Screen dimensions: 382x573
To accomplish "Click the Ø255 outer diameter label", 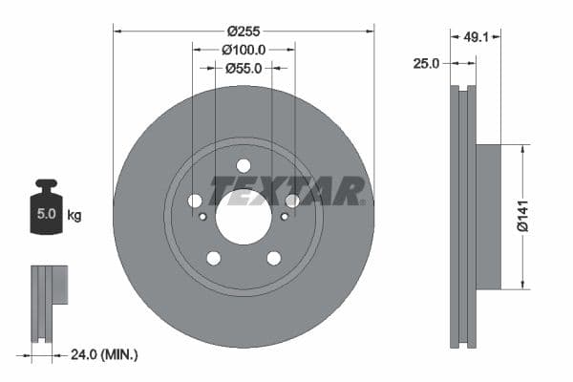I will click(x=244, y=30).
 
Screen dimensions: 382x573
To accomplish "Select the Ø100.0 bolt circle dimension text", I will click(x=244, y=49).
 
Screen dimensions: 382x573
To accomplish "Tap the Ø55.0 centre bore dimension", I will click(x=244, y=68).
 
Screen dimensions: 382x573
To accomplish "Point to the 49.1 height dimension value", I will click(x=475, y=39).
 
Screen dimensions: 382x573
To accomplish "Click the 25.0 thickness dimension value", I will click(x=426, y=63).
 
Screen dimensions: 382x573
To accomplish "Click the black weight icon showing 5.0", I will click(x=46, y=205).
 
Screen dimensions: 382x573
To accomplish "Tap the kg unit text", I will click(x=74, y=215).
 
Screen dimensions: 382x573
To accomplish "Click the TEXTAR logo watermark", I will click(x=287, y=191).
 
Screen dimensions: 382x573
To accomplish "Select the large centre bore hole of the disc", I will click(x=244, y=215).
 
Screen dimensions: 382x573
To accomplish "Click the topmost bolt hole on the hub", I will click(x=244, y=165).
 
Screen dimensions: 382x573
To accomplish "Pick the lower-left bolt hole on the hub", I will click(x=213, y=258).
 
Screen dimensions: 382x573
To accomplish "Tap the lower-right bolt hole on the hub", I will click(x=274, y=258).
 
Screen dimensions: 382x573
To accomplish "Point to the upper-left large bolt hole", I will click(x=196, y=201).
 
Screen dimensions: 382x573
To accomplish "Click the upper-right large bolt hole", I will click(x=292, y=201).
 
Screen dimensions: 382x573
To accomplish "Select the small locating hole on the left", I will click(x=202, y=216).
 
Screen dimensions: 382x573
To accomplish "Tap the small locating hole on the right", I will click(x=285, y=216).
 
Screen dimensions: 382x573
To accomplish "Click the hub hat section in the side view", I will click(x=488, y=216).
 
